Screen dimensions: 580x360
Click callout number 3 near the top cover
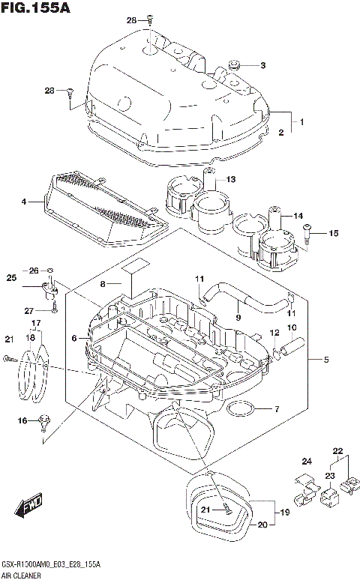click(x=262, y=65)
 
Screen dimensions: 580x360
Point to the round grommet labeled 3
click(x=232, y=67)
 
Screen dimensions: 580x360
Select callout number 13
click(x=231, y=179)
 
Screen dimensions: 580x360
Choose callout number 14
click(x=298, y=216)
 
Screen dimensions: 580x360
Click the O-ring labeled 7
click(x=240, y=409)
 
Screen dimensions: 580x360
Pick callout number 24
click(x=306, y=461)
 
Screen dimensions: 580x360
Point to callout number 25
click(x=11, y=279)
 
